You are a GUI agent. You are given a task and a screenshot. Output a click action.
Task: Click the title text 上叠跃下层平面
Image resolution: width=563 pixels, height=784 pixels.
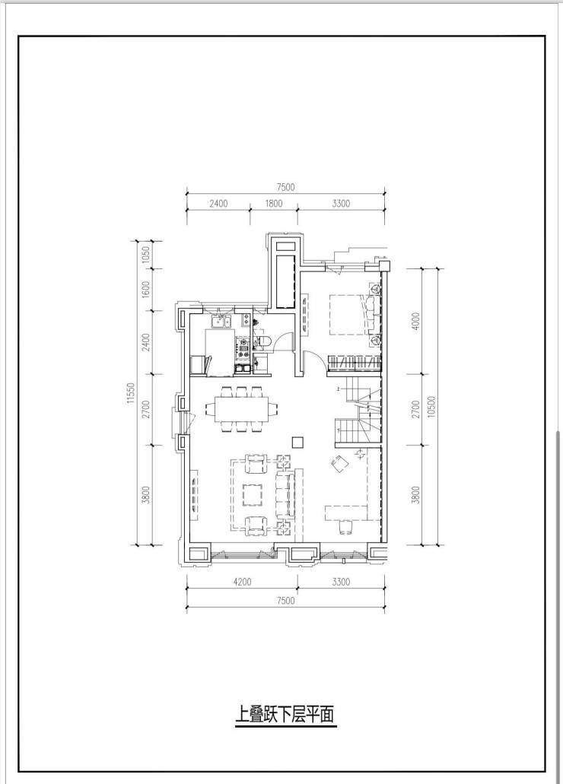point(285,714)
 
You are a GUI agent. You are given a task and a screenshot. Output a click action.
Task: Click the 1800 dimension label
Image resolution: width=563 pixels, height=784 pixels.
point(274,204)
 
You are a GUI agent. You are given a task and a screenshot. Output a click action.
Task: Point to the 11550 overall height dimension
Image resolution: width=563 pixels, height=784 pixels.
point(131,393)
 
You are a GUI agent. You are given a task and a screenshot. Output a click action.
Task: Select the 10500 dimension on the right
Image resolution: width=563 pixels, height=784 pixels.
point(432,407)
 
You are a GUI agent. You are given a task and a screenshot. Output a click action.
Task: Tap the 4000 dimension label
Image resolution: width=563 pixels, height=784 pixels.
point(416,321)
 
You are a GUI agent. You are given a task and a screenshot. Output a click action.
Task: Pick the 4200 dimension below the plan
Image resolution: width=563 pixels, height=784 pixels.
point(242,582)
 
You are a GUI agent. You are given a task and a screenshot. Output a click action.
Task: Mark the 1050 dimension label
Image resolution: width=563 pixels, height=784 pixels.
point(145,255)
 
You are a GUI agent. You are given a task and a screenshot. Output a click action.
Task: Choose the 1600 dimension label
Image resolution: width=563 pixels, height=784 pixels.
point(145,289)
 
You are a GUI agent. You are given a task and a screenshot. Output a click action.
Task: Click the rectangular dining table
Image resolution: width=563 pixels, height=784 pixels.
point(242,408)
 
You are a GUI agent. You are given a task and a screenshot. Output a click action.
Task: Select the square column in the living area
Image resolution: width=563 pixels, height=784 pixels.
point(297,442)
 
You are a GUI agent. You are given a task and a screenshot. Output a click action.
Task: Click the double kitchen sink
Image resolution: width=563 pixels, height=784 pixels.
point(220,322)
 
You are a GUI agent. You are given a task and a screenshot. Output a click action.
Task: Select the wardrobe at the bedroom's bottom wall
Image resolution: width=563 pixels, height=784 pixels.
point(354,363)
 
